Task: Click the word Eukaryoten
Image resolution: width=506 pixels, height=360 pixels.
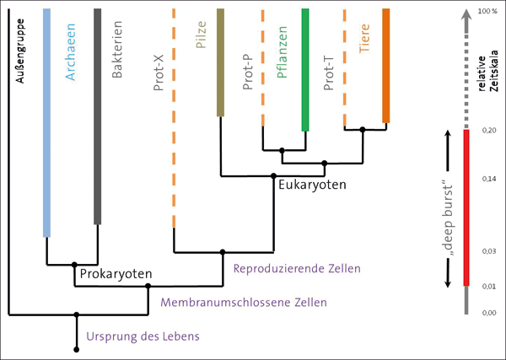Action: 314,184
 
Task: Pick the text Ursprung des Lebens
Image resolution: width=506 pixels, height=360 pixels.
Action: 143,337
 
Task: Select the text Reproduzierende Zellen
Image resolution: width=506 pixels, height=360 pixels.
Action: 296,268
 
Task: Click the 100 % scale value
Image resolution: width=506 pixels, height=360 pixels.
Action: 487,12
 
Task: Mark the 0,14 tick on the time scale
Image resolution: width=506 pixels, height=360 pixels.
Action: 487,179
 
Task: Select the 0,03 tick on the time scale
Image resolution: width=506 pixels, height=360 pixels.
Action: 487,251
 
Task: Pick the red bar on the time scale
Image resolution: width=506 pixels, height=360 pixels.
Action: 466,207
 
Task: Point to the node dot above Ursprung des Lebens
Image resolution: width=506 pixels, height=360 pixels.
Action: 77,314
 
